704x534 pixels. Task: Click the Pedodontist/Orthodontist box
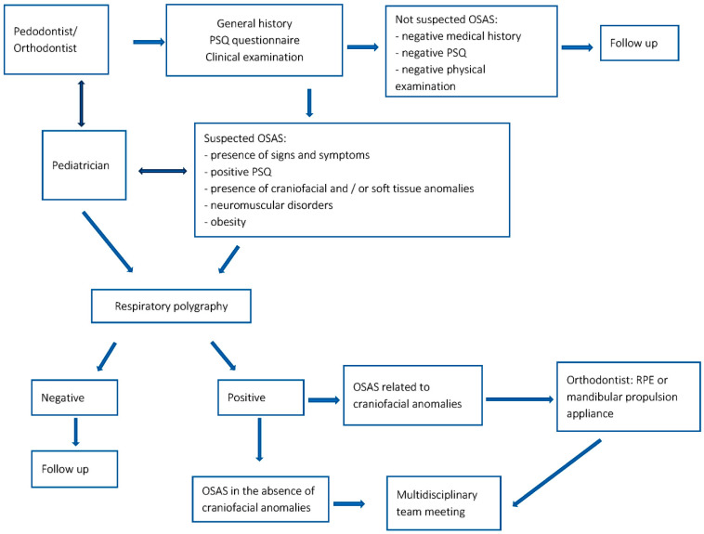point(56,40)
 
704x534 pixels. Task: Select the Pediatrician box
point(84,165)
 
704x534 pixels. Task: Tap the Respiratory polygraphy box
point(171,306)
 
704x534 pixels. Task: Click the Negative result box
point(74,397)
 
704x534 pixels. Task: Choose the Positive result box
point(261,397)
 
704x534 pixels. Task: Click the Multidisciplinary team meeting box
point(444,503)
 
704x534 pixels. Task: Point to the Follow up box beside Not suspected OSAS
point(639,43)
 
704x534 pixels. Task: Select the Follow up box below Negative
point(74,469)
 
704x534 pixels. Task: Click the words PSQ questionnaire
point(254,40)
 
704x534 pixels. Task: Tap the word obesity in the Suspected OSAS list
point(228,222)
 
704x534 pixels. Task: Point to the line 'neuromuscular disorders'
point(268,205)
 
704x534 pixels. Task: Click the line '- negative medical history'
point(458,36)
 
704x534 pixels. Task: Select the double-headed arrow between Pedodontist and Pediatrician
point(81,103)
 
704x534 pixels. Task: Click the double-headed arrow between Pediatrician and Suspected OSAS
point(163,171)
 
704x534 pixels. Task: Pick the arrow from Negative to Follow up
point(75,432)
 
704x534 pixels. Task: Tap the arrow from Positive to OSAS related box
point(324,400)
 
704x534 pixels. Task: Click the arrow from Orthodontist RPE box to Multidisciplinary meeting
point(556,473)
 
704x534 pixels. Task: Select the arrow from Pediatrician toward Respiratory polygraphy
point(108,242)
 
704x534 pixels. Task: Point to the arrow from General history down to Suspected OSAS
point(309,103)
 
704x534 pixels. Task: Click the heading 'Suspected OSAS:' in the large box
point(244,138)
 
